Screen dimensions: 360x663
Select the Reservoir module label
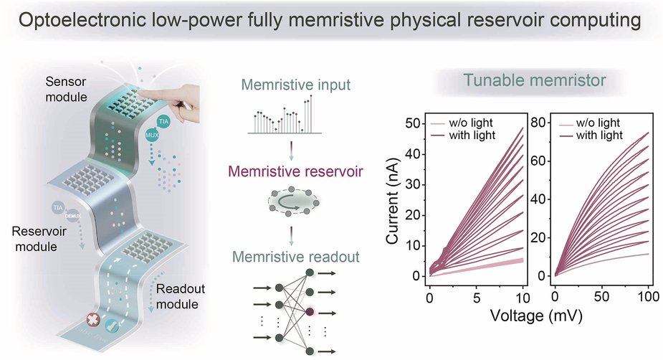pos(37,240)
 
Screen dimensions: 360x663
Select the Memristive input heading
pos(295,85)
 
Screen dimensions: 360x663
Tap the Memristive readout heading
pos(295,255)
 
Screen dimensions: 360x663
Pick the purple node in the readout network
pos(309,313)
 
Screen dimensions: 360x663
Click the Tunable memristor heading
pos(531,81)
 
